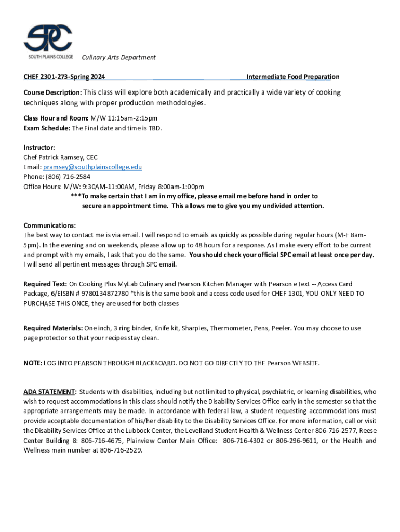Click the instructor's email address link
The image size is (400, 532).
point(92,167)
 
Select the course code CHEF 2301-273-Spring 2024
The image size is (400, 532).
point(64,77)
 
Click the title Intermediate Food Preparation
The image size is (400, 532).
point(292,77)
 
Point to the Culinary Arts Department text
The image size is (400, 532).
point(118,57)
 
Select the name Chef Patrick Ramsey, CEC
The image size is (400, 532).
point(60,157)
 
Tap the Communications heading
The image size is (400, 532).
point(50,225)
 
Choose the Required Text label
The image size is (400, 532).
point(45,284)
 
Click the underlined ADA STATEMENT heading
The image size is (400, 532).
point(50,392)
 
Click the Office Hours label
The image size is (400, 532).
point(43,187)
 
